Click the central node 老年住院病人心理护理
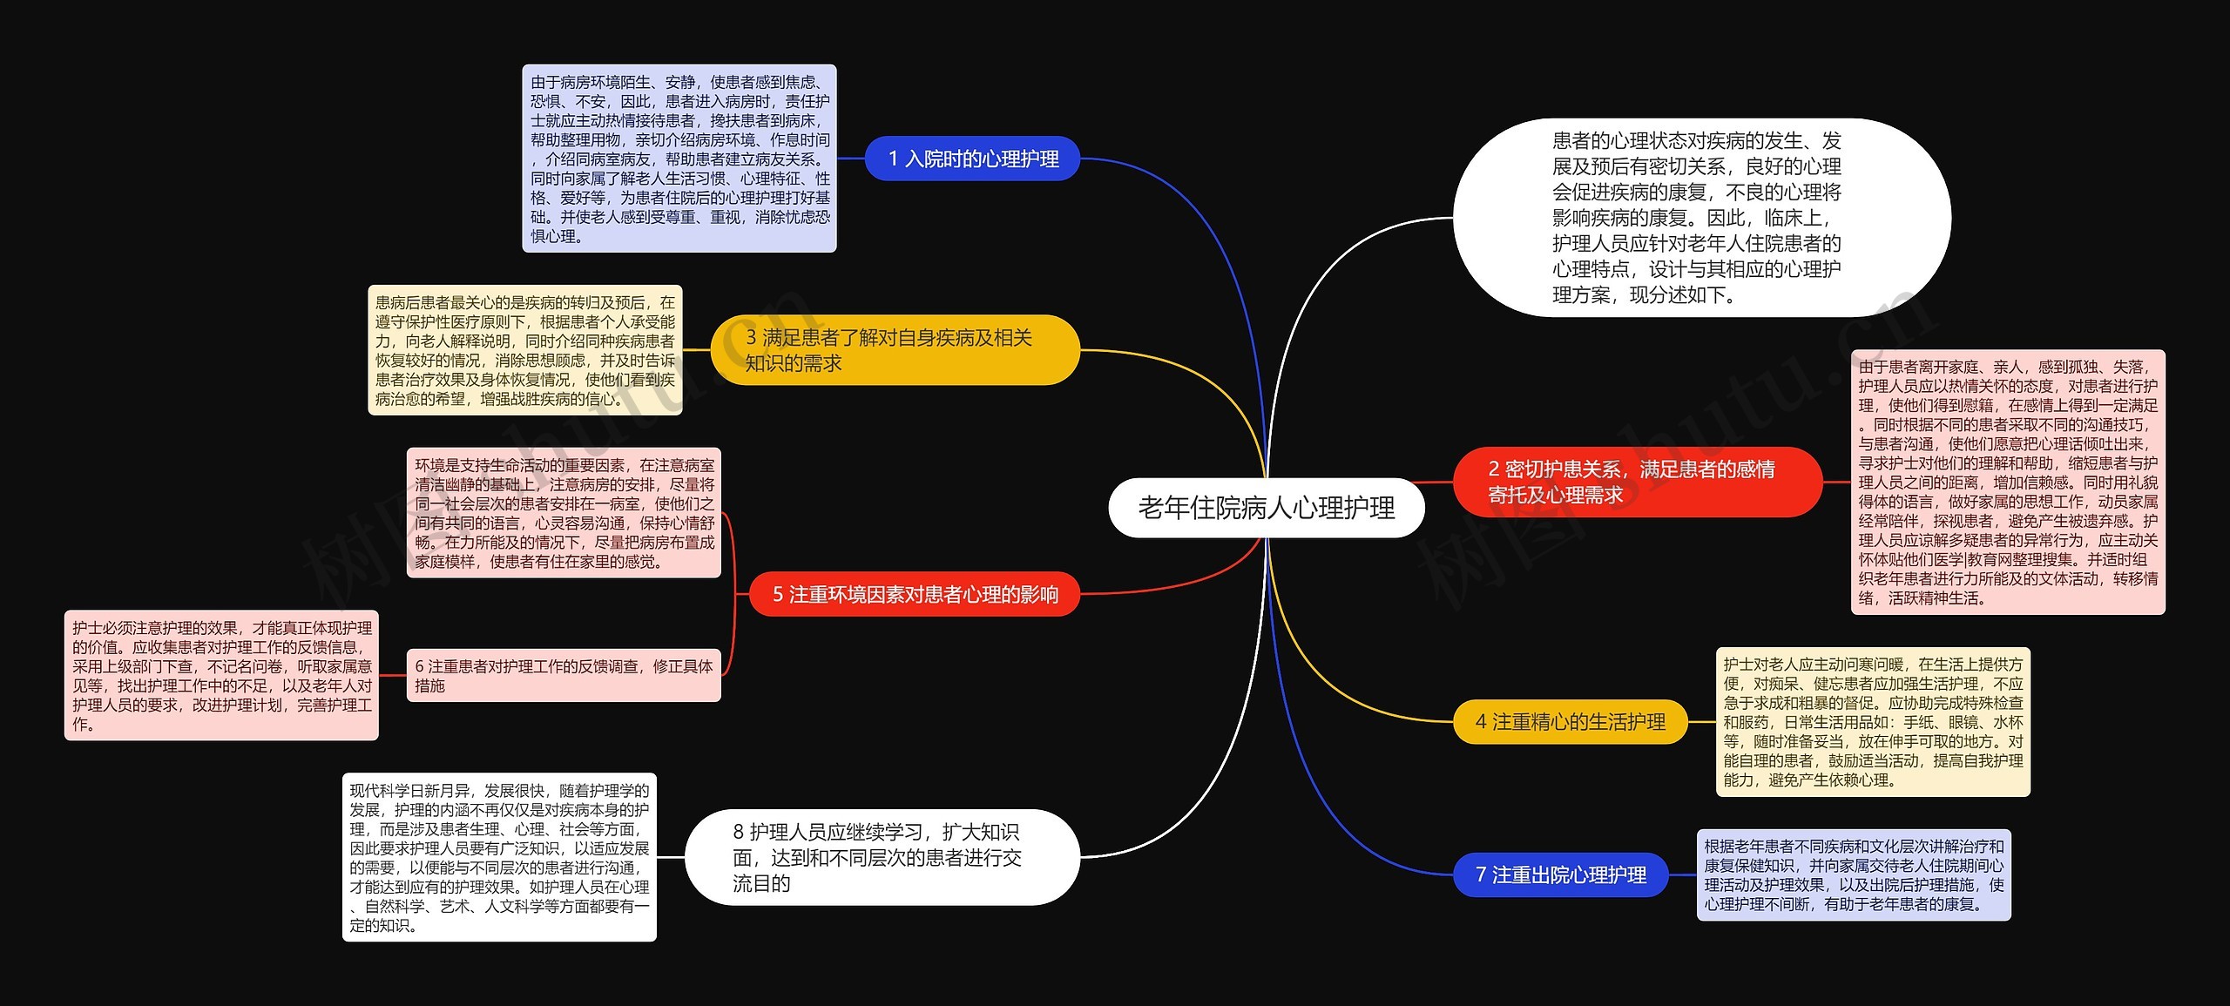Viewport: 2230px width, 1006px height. [x=1266, y=508]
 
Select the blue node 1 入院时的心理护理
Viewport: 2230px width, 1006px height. [x=972, y=159]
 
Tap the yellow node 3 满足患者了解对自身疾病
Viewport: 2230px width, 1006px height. [x=895, y=350]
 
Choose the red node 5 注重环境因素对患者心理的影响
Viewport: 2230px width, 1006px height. [x=915, y=594]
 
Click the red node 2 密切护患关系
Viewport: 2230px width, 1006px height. [x=1637, y=482]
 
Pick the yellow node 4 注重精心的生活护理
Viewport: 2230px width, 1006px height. [x=1570, y=721]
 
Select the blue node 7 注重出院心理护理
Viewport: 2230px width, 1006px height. [x=1560, y=874]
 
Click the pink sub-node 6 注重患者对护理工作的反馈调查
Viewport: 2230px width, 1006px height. [x=564, y=675]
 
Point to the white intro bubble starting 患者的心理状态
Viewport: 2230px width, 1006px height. [x=1701, y=218]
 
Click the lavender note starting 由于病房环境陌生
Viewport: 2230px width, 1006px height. [x=679, y=159]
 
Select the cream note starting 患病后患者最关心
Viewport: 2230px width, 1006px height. [x=525, y=350]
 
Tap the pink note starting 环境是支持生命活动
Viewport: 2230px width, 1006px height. [x=564, y=513]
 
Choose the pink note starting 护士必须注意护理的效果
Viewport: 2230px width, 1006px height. [x=221, y=675]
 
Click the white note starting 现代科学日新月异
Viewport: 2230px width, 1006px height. [x=499, y=857]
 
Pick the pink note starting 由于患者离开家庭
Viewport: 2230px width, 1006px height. [x=2008, y=482]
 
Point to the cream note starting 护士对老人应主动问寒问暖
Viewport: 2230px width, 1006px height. [x=1873, y=721]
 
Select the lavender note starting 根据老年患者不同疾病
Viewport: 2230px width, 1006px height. [x=1854, y=874]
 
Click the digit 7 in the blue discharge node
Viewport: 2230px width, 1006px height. [x=1481, y=874]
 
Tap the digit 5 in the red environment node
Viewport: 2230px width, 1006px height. [x=778, y=594]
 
